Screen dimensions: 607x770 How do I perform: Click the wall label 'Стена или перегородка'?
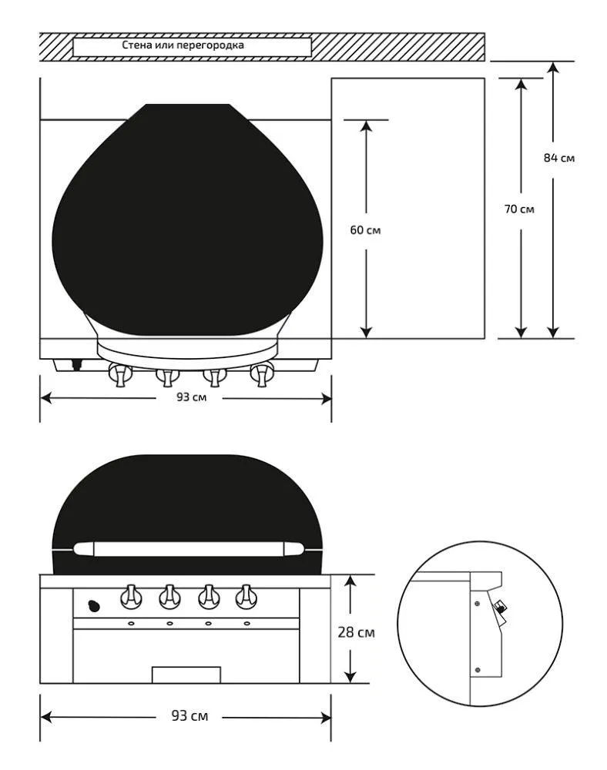click(x=183, y=45)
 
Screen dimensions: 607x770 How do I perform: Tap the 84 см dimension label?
click(x=559, y=158)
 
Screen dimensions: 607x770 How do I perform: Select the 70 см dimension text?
click(x=519, y=209)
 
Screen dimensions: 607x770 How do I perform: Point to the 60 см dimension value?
click(x=365, y=229)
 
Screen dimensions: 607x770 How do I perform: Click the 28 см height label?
click(x=356, y=632)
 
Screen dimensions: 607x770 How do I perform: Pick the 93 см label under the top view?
click(x=192, y=397)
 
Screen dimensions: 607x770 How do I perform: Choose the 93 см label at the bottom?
click(x=189, y=715)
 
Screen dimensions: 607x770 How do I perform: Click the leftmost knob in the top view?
click(x=120, y=375)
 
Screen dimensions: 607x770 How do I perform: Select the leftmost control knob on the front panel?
click(x=131, y=597)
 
